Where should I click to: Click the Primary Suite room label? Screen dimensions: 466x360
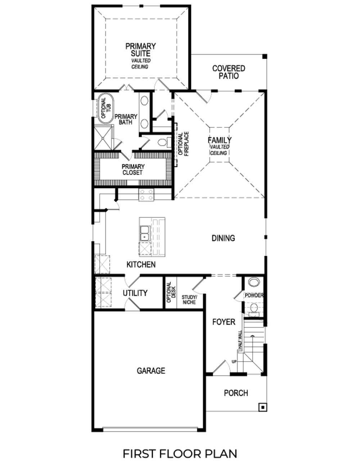coord(140,50)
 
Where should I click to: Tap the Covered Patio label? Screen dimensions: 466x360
coord(229,72)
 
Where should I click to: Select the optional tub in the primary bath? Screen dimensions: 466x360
coord(104,108)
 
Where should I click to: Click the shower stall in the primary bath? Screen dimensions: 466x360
coord(103,138)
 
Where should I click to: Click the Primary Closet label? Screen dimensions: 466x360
coord(133,170)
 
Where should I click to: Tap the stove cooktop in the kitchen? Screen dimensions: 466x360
coord(146,195)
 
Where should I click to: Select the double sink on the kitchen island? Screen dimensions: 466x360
coord(145,233)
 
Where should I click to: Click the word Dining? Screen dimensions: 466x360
coord(223,238)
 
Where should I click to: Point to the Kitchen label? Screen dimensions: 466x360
coord(141,265)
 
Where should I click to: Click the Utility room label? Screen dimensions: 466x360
coord(135,293)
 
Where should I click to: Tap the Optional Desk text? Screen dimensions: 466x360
coord(171,292)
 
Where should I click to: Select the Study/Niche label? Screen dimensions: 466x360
coord(189,300)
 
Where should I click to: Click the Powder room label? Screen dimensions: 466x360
coord(254,295)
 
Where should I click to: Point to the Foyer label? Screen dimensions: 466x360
coord(224,322)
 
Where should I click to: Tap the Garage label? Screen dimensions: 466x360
coord(151,371)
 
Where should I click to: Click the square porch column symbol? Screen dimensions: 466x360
coord(263,407)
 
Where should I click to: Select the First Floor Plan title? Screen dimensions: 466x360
coord(180,454)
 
